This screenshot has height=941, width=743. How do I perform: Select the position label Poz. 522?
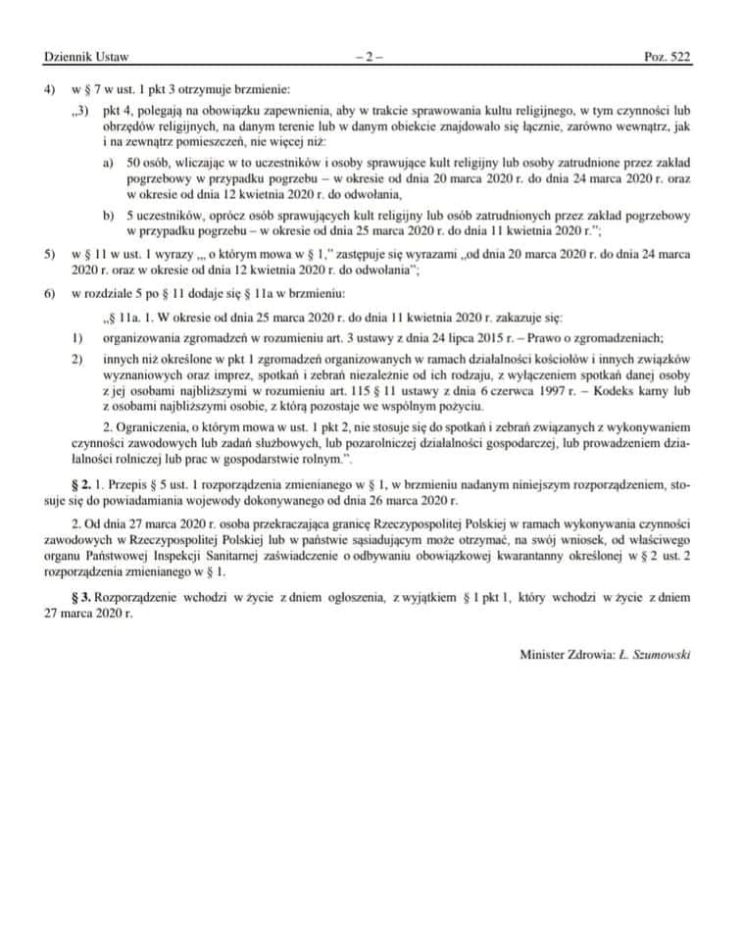coord(668,58)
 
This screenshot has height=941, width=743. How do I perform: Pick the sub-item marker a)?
coord(109,162)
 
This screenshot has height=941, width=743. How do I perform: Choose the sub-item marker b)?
coord(109,214)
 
